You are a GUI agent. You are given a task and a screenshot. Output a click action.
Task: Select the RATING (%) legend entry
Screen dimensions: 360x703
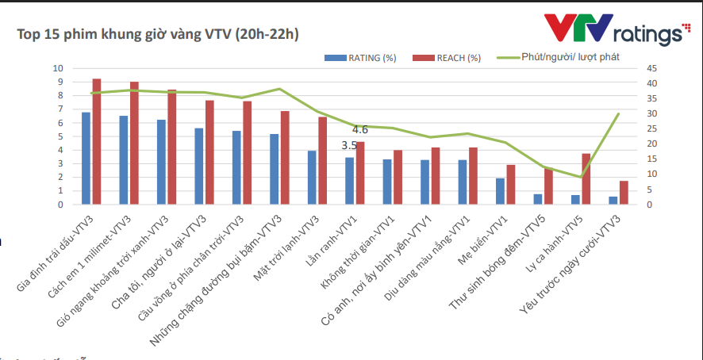pyautogui.click(x=360, y=58)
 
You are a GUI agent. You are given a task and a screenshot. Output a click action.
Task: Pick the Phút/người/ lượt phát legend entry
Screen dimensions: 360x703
pyautogui.click(x=559, y=58)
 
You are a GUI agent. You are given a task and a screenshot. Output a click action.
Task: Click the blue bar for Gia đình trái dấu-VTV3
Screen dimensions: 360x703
pyautogui.click(x=86, y=159)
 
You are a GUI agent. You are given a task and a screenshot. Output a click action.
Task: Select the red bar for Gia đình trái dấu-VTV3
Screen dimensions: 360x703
pyautogui.click(x=97, y=142)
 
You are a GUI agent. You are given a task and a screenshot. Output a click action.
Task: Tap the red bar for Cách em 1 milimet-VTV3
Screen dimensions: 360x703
pyautogui.click(x=135, y=144)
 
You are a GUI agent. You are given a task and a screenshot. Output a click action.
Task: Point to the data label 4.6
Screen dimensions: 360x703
pyautogui.click(x=359, y=129)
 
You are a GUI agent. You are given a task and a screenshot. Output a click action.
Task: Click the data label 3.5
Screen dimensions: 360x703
pyautogui.click(x=349, y=146)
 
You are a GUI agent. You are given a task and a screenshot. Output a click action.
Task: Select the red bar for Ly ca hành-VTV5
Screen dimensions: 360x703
pyautogui.click(x=586, y=179)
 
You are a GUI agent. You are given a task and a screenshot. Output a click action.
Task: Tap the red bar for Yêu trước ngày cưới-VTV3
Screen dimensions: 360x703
pyautogui.click(x=624, y=193)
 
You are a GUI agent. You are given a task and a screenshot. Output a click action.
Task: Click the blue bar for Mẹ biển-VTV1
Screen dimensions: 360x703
pyautogui.click(x=500, y=191)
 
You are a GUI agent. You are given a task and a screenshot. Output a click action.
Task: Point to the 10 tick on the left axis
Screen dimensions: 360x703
pyautogui.click(x=57, y=68)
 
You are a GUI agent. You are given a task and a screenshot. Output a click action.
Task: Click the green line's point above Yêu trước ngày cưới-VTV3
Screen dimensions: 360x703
pyautogui.click(x=618, y=114)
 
